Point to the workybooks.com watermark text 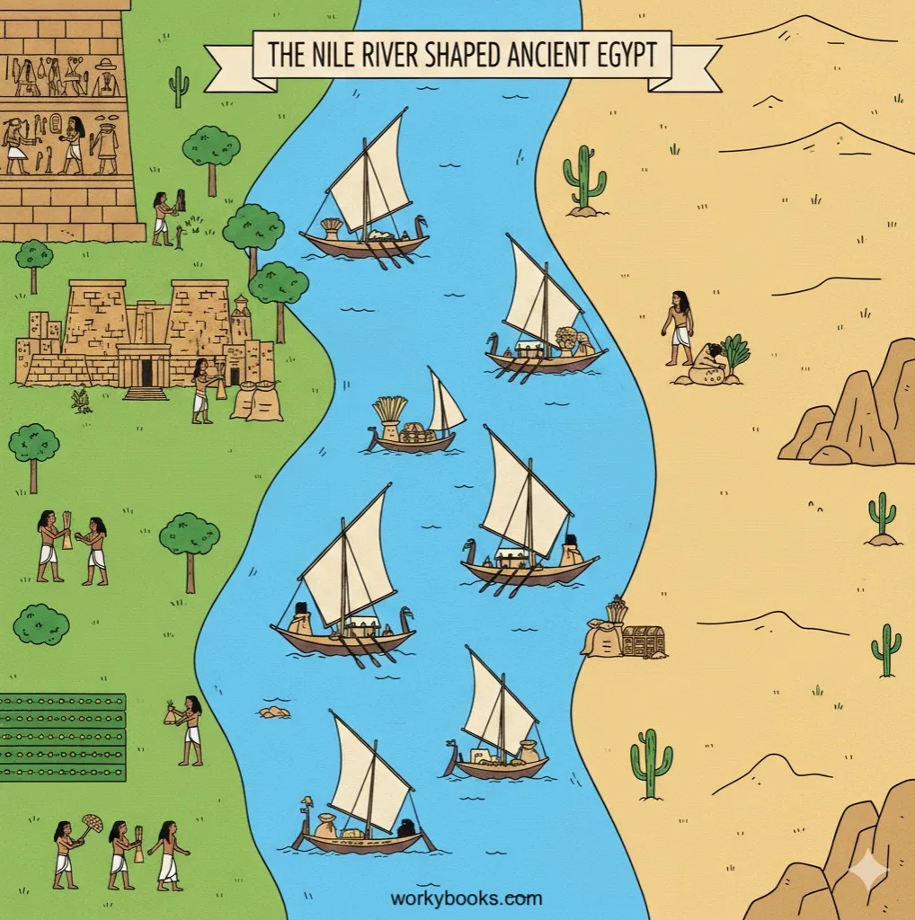pyautogui.click(x=466, y=898)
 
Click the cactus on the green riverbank pyautogui.click(x=178, y=86)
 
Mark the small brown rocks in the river pyautogui.click(x=274, y=712)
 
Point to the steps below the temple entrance pyautogui.click(x=146, y=393)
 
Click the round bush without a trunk pyautogui.click(x=40, y=624)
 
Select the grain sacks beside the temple pyautogui.click(x=256, y=401)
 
